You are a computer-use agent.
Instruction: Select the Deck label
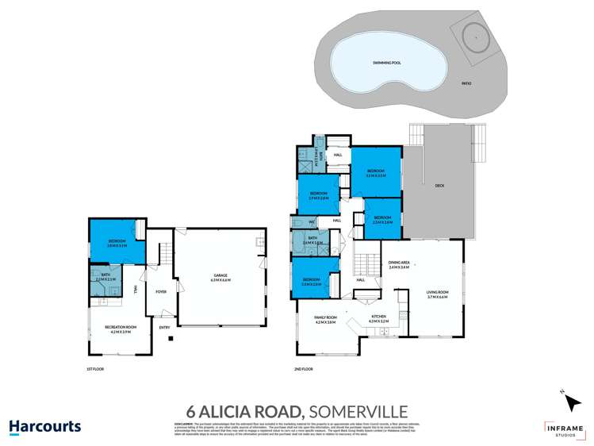pos(439,186)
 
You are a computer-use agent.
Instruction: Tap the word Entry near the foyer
pos(165,327)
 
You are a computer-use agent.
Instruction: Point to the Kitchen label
pos(379,317)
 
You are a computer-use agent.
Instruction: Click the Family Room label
pos(325,321)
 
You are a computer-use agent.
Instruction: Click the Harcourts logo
pos(45,426)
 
